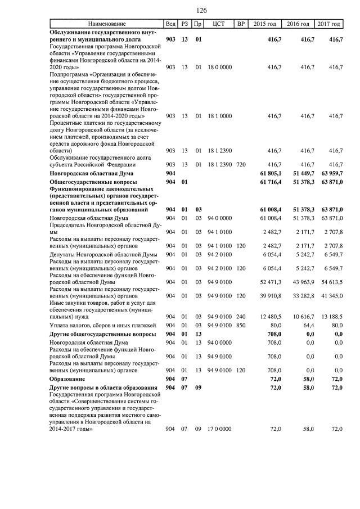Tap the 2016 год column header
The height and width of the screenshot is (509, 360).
pyautogui.click(x=298, y=24)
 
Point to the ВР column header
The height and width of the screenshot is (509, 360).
pyautogui.click(x=241, y=24)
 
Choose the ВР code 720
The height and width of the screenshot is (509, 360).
pyautogui.click(x=241, y=165)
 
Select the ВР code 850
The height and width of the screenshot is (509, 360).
pyautogui.click(x=241, y=325)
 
